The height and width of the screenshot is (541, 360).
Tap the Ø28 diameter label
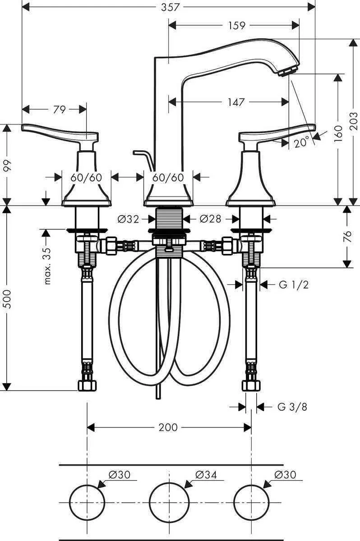click(x=210, y=220)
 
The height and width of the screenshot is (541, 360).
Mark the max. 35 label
click(x=48, y=266)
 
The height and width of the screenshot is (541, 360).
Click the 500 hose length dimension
click(x=6, y=298)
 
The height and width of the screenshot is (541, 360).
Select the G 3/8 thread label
click(x=292, y=407)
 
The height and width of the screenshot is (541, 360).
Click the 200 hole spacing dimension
click(x=168, y=427)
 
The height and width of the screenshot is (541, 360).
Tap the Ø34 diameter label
click(x=206, y=475)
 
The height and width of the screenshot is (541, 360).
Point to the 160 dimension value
click(x=338, y=134)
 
